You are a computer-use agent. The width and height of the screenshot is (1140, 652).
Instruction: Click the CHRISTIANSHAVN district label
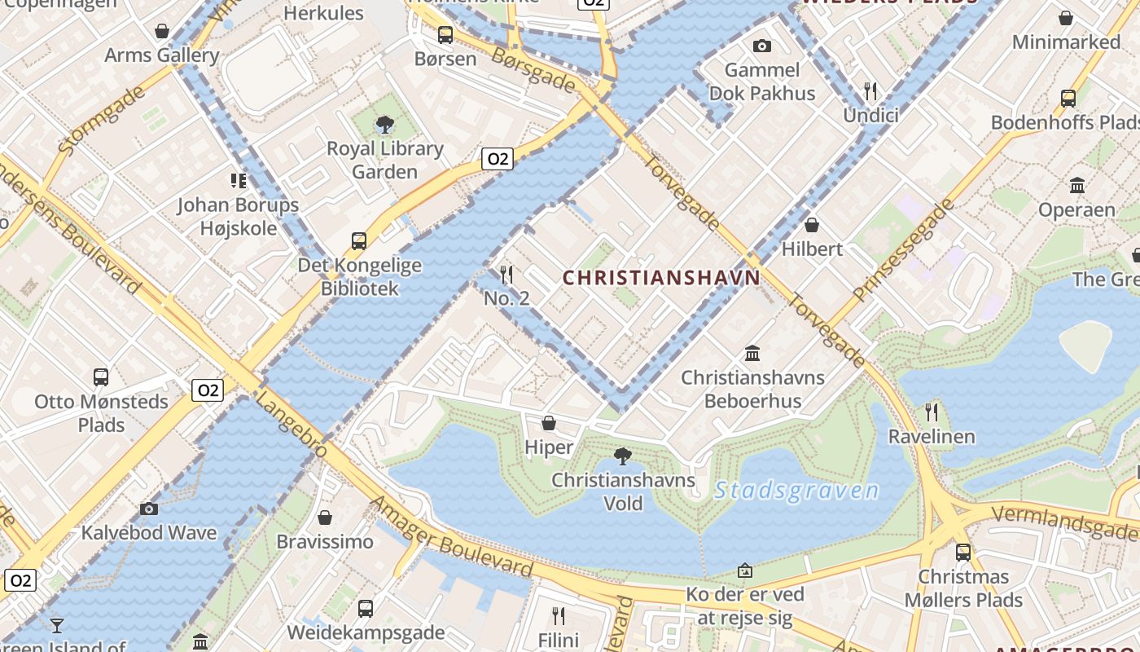point(661,278)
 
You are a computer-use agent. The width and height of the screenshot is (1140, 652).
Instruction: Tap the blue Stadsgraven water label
point(796,491)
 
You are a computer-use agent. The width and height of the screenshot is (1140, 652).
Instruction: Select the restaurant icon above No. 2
point(506,275)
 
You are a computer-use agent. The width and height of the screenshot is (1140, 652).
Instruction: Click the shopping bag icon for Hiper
point(549,423)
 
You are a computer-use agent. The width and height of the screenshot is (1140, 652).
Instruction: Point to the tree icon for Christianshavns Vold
point(623,456)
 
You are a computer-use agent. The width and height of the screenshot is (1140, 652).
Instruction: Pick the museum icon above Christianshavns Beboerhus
point(752,354)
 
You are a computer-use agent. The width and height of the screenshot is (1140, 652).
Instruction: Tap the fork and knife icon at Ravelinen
point(932,412)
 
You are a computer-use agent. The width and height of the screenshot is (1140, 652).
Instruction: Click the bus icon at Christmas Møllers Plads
point(963,553)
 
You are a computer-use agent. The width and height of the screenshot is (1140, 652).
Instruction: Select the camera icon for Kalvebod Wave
point(148,509)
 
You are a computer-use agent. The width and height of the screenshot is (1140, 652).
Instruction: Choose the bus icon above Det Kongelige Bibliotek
point(359,241)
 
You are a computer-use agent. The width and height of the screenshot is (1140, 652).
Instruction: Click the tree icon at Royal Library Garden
point(384,125)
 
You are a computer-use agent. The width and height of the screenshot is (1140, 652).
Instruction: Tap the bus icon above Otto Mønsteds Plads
point(101,377)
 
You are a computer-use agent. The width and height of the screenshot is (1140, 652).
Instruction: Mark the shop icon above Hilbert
point(811,225)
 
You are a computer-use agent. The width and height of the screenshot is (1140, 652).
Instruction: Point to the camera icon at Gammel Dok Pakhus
point(762,46)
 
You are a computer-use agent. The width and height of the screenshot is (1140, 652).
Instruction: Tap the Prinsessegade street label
point(903,249)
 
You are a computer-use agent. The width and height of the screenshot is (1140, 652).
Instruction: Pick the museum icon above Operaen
point(1077,186)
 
